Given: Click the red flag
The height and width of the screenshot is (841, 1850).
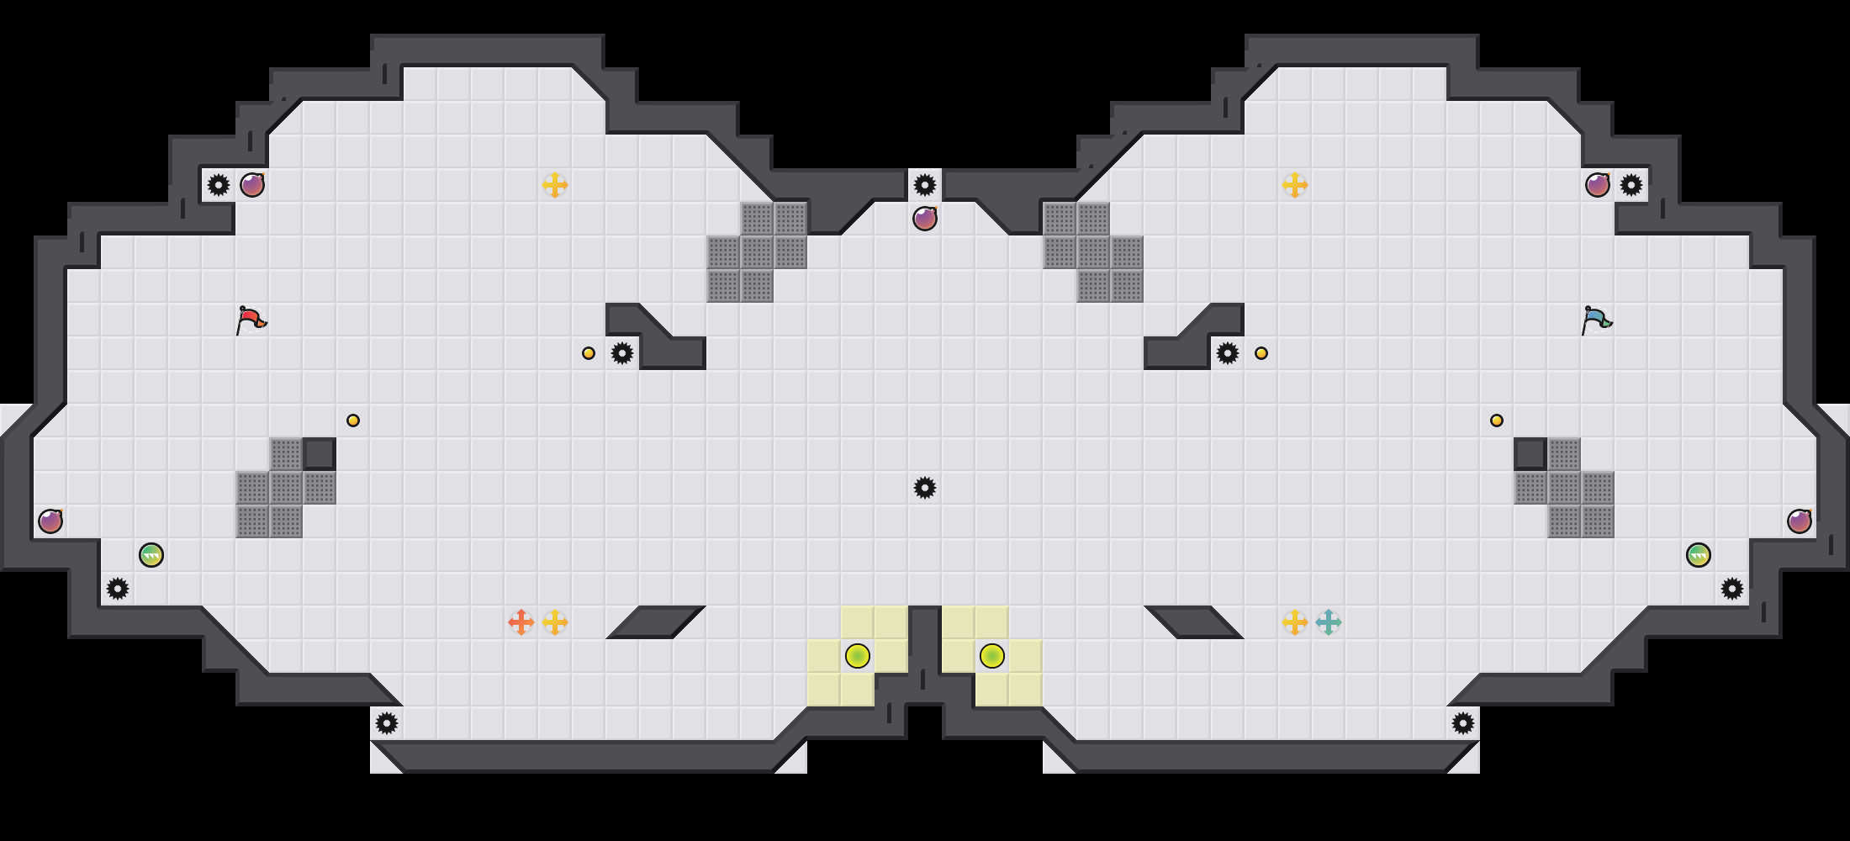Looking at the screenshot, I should click(x=251, y=320).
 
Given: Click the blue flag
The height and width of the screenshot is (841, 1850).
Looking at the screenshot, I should click(x=1596, y=320).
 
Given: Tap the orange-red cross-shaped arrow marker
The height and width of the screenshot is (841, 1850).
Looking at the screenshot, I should click(x=521, y=622).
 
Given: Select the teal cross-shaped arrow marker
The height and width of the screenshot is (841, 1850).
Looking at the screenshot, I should click(x=1329, y=622).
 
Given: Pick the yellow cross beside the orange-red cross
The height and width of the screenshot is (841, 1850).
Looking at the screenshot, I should click(x=555, y=622).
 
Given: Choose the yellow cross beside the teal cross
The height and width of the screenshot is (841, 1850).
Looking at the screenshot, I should click(x=1295, y=622).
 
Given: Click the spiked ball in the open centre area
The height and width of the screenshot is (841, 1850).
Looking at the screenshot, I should click(x=925, y=488).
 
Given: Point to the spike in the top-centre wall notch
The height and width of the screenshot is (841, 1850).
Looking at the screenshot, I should click(x=925, y=185).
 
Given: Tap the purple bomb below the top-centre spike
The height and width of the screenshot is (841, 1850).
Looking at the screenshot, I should click(x=925, y=219).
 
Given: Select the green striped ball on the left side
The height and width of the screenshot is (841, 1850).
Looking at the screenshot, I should click(x=151, y=555).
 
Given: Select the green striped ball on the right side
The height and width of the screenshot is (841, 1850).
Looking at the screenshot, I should click(x=1699, y=555).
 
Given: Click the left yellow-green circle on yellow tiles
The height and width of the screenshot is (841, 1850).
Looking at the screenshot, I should click(x=858, y=656).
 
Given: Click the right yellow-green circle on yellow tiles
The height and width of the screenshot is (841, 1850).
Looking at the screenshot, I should click(x=992, y=656).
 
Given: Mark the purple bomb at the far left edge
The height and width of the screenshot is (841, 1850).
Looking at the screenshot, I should click(x=50, y=521).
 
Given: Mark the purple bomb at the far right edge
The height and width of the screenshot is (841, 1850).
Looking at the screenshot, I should click(x=1800, y=521).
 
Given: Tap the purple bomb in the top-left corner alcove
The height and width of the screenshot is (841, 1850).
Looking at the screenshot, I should click(x=252, y=185).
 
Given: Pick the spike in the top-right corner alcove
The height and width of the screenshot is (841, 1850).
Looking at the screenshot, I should click(x=1631, y=185).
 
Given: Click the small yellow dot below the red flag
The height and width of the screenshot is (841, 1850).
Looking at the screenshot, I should click(x=353, y=420).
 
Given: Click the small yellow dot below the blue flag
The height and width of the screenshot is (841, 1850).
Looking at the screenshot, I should click(x=1497, y=420).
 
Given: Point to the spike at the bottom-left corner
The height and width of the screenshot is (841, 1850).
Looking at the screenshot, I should click(x=387, y=723).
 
